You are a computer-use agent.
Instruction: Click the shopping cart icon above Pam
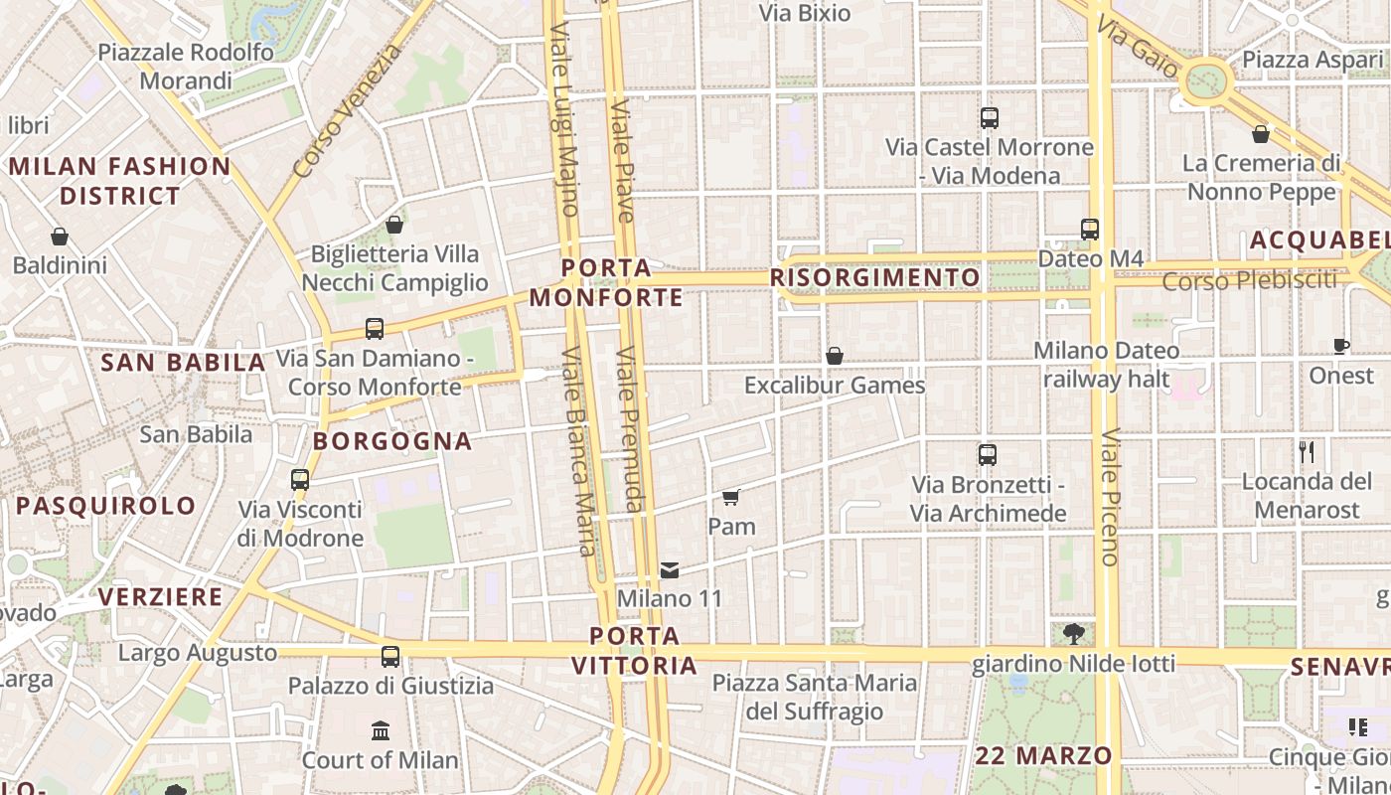731,497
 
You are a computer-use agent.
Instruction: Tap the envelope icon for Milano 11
670,570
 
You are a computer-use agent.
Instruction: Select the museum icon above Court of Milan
380,731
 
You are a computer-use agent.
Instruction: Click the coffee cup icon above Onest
1341,347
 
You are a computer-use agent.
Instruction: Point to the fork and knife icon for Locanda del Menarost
1307,452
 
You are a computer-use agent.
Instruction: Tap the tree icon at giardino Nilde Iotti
1073,633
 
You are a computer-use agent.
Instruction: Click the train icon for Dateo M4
1090,230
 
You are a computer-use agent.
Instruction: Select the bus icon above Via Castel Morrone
989,118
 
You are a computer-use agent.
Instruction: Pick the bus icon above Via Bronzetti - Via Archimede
987,455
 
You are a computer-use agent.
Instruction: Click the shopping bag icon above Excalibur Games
835,356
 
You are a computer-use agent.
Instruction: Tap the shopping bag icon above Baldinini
60,237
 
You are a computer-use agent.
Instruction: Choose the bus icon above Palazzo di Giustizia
390,657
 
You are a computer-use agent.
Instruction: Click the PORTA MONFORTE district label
606,282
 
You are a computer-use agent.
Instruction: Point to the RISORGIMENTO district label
875,277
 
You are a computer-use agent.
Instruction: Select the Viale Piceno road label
1110,497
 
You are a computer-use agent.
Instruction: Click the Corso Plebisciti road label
1250,281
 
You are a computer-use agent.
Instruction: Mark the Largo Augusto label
197,653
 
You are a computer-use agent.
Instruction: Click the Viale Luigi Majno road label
563,119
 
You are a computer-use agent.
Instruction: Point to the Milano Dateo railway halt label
1106,365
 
